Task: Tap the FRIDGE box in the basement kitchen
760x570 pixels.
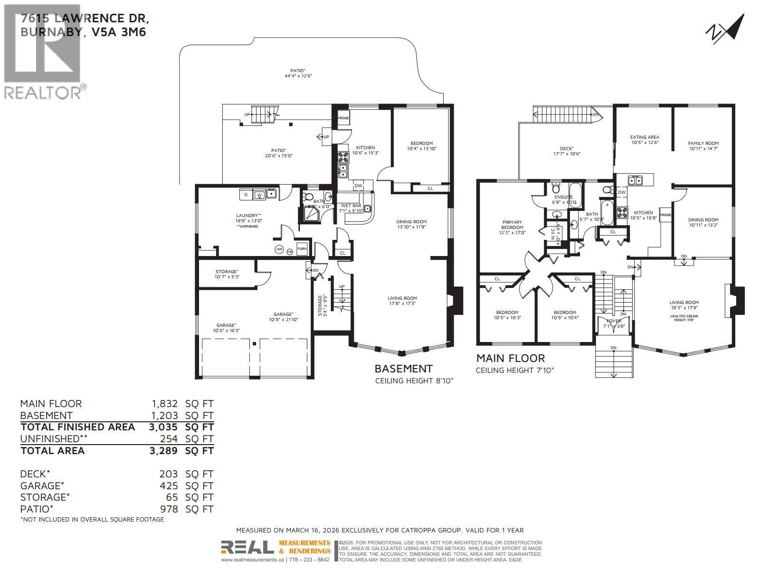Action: [343, 118]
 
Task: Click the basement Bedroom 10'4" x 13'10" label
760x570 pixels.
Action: [421, 146]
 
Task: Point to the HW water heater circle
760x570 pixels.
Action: [279, 249]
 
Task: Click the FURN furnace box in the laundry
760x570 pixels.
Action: [302, 249]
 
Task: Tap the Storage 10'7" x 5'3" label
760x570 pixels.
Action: [227, 274]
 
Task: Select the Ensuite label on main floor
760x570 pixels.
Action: [561, 199]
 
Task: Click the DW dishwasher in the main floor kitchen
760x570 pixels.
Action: [621, 192]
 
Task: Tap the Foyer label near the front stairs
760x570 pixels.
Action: [612, 323]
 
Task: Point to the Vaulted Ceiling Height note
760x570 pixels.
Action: [684, 318]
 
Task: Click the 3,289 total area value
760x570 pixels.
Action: [163, 451]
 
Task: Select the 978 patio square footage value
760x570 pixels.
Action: [169, 509]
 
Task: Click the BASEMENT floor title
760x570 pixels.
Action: [403, 369]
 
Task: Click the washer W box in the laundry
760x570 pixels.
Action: [259, 195]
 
